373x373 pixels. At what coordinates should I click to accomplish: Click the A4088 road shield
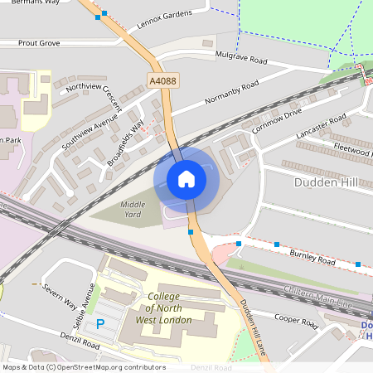click(163, 80)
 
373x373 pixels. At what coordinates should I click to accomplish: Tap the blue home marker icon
click(186, 179)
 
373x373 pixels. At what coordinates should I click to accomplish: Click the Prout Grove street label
click(39, 41)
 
